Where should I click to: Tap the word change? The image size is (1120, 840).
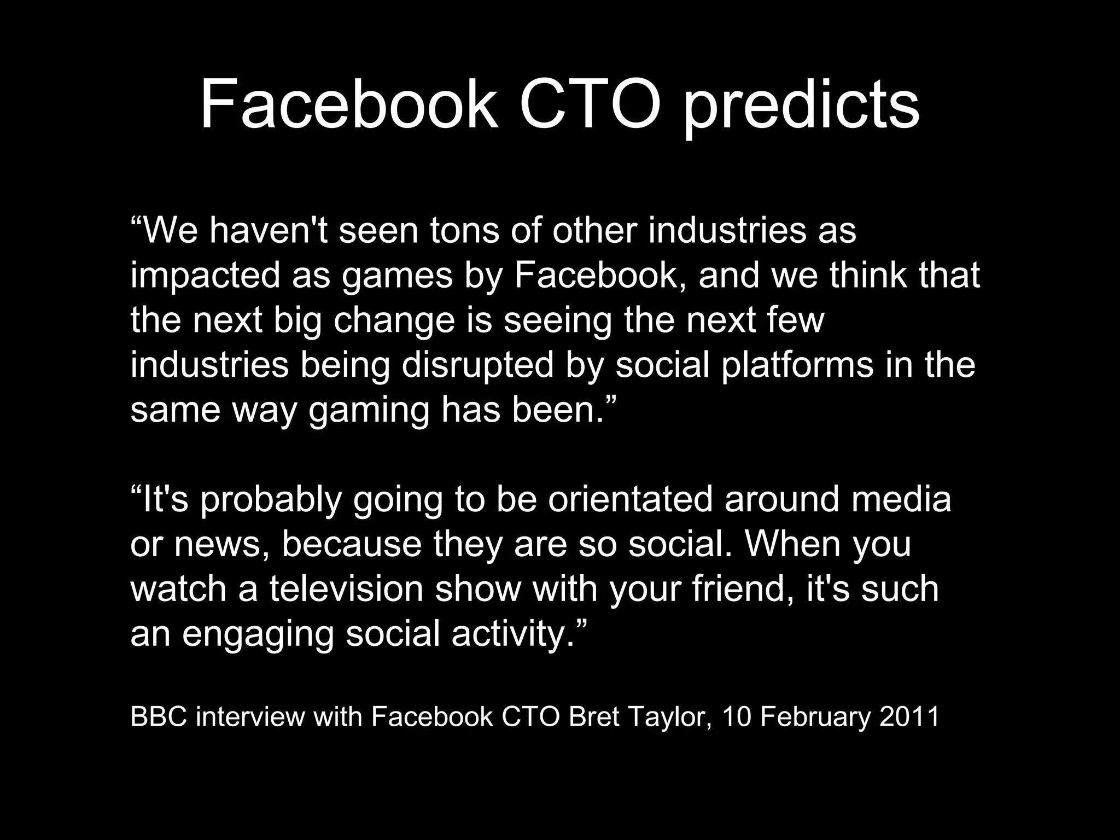point(394,321)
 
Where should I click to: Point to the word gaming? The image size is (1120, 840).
point(369,411)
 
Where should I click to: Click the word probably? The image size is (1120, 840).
point(271,500)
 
